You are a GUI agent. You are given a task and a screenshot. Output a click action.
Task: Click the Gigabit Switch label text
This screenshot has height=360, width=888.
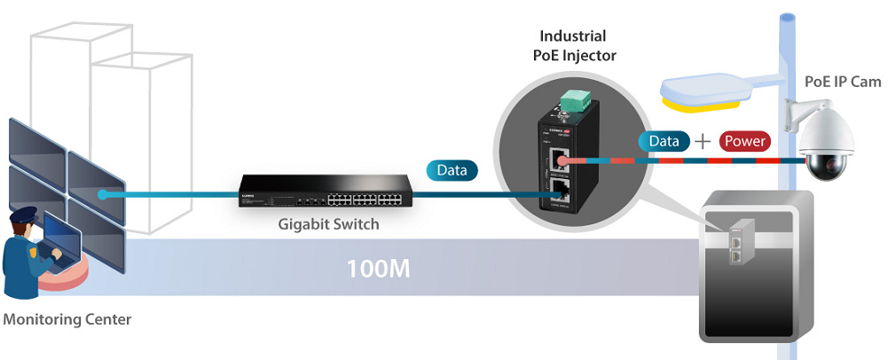pyautogui.click(x=330, y=224)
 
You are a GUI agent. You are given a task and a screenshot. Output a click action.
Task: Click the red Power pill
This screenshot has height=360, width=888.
pyautogui.click(x=744, y=141)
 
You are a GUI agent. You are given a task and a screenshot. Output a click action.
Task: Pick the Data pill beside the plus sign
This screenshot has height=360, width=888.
pyautogui.click(x=664, y=141)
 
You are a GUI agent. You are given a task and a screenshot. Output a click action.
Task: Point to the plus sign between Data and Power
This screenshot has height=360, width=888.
pyautogui.click(x=703, y=141)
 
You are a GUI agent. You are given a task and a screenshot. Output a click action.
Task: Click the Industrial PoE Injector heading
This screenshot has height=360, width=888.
pyautogui.click(x=573, y=46)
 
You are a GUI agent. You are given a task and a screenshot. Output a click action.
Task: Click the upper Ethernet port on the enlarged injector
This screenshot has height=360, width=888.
pyautogui.click(x=559, y=160)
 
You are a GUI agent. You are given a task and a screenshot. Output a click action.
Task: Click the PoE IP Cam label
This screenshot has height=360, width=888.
pyautogui.click(x=842, y=82)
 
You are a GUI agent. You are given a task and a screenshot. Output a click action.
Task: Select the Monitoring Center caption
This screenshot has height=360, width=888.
pyautogui.click(x=67, y=319)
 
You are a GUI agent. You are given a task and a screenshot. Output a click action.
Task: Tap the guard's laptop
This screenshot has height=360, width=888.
pyautogui.click(x=61, y=239)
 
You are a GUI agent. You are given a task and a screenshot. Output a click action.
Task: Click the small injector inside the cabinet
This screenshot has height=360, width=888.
pyautogui.click(x=737, y=244)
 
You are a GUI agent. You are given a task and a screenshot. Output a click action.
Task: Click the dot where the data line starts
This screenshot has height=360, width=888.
pyautogui.click(x=104, y=193)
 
